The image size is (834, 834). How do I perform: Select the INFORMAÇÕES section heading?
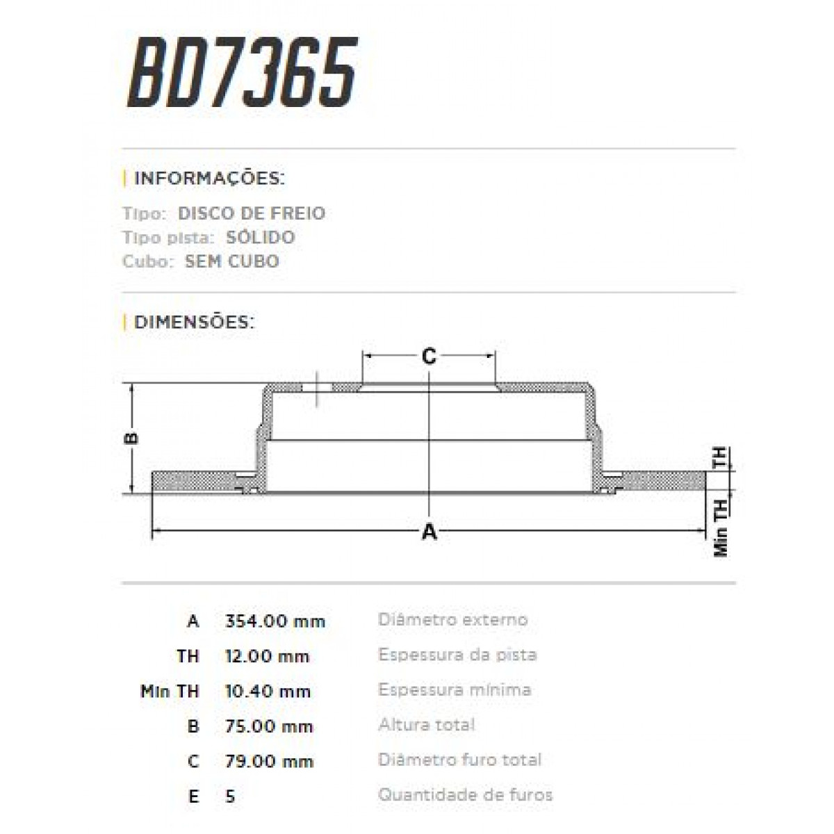pyautogui.click(x=208, y=178)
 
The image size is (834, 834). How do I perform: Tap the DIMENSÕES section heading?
pyautogui.click(x=194, y=322)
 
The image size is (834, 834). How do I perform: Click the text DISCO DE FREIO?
pyautogui.click(x=252, y=213)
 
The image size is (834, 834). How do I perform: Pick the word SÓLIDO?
pyautogui.click(x=260, y=238)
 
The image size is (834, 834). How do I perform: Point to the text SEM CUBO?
pyautogui.click(x=232, y=262)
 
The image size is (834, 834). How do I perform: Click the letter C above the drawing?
pyautogui.click(x=430, y=357)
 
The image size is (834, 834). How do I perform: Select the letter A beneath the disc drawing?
pyautogui.click(x=430, y=532)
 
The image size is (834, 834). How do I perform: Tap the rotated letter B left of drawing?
pyautogui.click(x=132, y=438)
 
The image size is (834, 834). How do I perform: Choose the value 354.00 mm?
pyautogui.click(x=275, y=621)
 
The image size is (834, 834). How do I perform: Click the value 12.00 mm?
pyautogui.click(x=268, y=656)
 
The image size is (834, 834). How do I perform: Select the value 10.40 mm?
pyautogui.click(x=268, y=692)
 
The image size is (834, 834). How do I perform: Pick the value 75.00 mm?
pyautogui.click(x=269, y=726)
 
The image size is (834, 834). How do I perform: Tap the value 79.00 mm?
pyautogui.click(x=269, y=761)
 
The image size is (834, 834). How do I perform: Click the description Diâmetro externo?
pyautogui.click(x=452, y=619)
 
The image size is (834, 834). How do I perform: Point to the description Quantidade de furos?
pyautogui.click(x=465, y=794)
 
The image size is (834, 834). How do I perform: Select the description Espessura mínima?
pyautogui.click(x=455, y=690)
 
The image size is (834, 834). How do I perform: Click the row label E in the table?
pyautogui.click(x=193, y=796)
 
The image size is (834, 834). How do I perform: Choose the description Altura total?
pyautogui.click(x=426, y=725)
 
